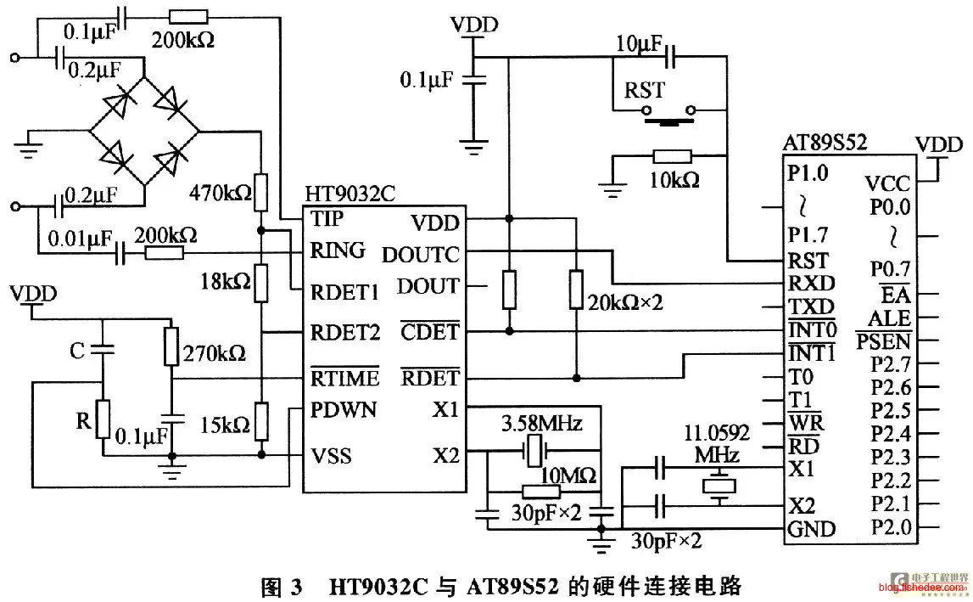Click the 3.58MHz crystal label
[x=541, y=422]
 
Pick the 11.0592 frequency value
[x=717, y=434]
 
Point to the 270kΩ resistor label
[x=215, y=352]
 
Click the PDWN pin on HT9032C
[x=344, y=411]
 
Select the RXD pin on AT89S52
[x=810, y=284]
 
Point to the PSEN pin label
[x=883, y=341]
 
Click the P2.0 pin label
[x=891, y=527]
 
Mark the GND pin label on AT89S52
[x=812, y=530]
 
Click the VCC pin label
[x=887, y=183]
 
